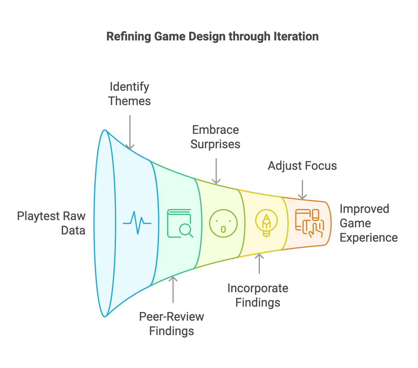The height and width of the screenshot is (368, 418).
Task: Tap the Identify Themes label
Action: (129, 94)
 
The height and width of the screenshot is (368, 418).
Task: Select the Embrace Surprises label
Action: (215, 137)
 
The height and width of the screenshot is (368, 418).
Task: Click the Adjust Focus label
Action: (302, 166)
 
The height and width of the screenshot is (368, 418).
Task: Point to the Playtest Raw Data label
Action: (51, 223)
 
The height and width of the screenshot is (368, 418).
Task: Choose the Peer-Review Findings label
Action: (172, 324)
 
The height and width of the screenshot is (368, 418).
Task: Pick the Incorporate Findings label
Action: (258, 295)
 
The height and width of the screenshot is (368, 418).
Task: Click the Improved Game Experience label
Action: (369, 223)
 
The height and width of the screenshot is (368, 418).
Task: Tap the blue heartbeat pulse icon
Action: (137, 223)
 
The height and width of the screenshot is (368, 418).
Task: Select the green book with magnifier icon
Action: (180, 223)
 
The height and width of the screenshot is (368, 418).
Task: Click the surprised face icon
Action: (223, 223)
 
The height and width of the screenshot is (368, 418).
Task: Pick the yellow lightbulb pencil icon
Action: (266, 223)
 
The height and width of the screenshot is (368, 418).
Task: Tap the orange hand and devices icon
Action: (309, 223)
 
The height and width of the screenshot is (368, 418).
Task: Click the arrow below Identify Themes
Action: (130, 132)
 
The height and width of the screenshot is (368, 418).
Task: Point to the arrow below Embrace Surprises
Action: (216, 171)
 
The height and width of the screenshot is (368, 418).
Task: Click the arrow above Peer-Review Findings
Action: (173, 289)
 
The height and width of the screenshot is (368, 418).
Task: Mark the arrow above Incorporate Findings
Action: (259, 263)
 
